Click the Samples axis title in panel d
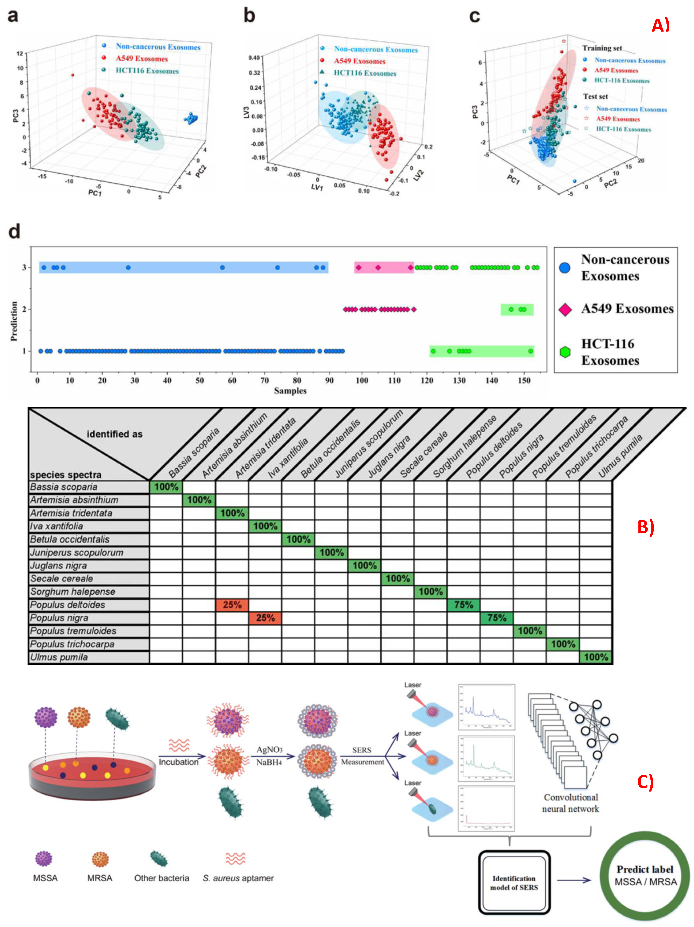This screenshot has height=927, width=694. [x=290, y=391]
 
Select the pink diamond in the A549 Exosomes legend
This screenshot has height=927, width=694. [x=565, y=309]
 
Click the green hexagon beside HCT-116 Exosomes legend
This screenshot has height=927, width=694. [x=565, y=352]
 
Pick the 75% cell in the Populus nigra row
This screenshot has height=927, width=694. [x=497, y=618]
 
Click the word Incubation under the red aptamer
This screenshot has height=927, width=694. [x=179, y=762]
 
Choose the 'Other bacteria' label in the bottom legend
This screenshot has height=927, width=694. [x=161, y=878]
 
